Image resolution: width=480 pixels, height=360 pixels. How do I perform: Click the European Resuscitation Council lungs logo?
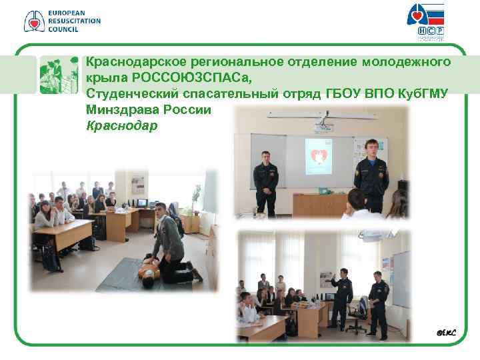click(33, 21)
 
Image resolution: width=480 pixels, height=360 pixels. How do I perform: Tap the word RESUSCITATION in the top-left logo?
click(74, 21)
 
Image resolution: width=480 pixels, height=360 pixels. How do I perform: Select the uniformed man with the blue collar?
click(371, 175)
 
